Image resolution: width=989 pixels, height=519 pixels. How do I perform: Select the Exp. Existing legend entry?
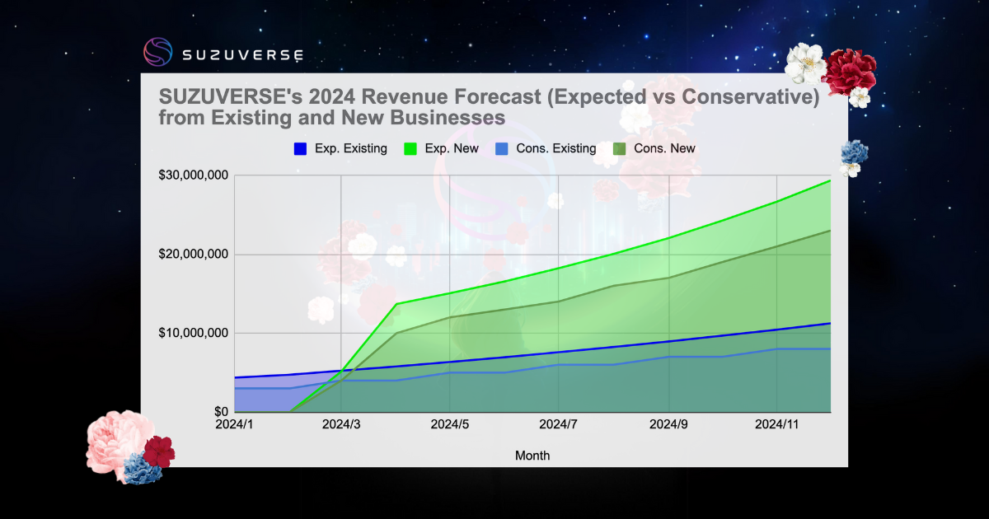pos(340,149)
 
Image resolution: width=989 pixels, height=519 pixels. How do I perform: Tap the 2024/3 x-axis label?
pos(340,425)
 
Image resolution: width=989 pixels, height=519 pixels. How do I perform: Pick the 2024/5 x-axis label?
pos(449,425)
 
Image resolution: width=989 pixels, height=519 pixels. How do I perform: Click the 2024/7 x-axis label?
pos(559,425)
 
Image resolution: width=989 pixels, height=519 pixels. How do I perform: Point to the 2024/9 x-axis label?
pos(668,425)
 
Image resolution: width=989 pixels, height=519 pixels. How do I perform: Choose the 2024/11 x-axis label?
pos(776,425)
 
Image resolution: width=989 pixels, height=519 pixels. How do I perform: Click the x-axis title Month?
pos(532,456)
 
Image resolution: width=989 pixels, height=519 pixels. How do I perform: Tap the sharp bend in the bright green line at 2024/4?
pos(396,304)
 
